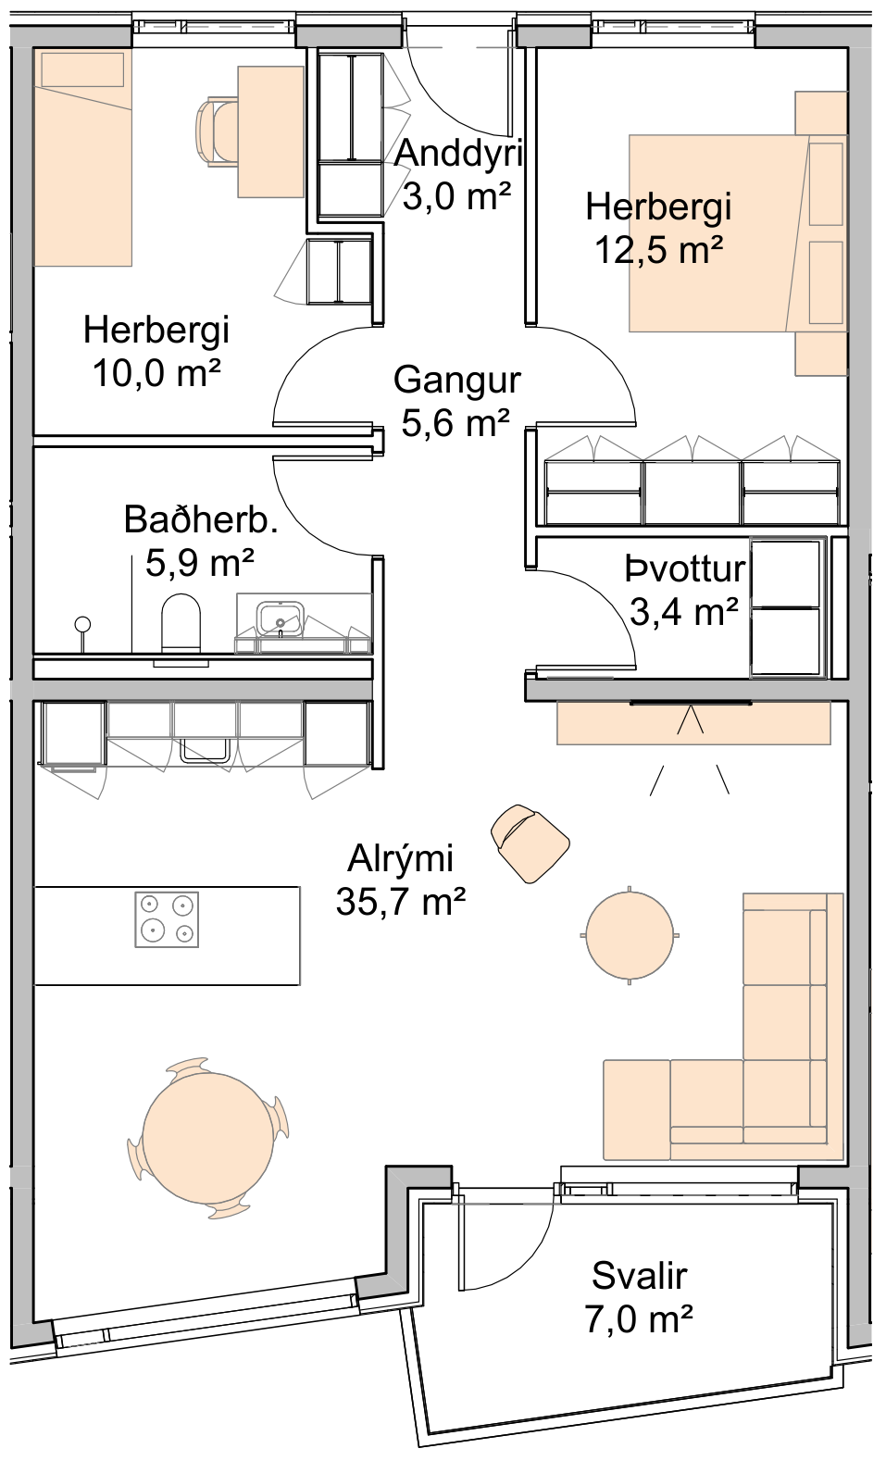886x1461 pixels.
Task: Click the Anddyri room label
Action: click(458, 154)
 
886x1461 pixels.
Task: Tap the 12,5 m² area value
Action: click(659, 249)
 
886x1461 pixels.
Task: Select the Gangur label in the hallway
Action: click(456, 381)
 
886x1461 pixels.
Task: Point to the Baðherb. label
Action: click(201, 519)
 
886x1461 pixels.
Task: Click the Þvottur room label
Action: click(685, 569)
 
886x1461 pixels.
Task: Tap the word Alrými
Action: click(400, 858)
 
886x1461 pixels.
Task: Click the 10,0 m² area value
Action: click(156, 374)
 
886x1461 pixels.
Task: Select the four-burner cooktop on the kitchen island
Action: click(167, 919)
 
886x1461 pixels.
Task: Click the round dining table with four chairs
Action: click(208, 1138)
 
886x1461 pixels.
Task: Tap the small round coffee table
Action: click(629, 935)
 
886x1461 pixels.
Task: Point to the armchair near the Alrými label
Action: click(530, 843)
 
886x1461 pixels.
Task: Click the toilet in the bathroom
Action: click(181, 623)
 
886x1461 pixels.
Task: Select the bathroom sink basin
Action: click(280, 619)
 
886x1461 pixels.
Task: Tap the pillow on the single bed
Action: click(82, 69)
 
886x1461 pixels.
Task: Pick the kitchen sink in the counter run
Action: click(205, 750)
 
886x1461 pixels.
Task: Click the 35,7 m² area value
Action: click(401, 902)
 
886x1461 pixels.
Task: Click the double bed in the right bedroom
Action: click(737, 232)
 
